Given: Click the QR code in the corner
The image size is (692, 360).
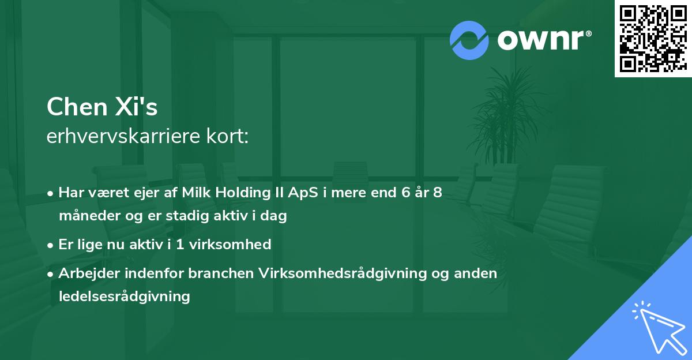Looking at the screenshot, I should click(653, 38).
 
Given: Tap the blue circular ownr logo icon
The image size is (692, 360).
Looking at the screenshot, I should click(469, 40).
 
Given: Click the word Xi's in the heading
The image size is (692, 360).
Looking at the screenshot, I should click(139, 107).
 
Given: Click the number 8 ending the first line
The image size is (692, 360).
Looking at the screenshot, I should click(438, 193).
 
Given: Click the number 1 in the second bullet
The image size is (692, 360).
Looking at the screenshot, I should click(179, 245).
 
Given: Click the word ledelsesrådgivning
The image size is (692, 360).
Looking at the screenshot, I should click(124, 297).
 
